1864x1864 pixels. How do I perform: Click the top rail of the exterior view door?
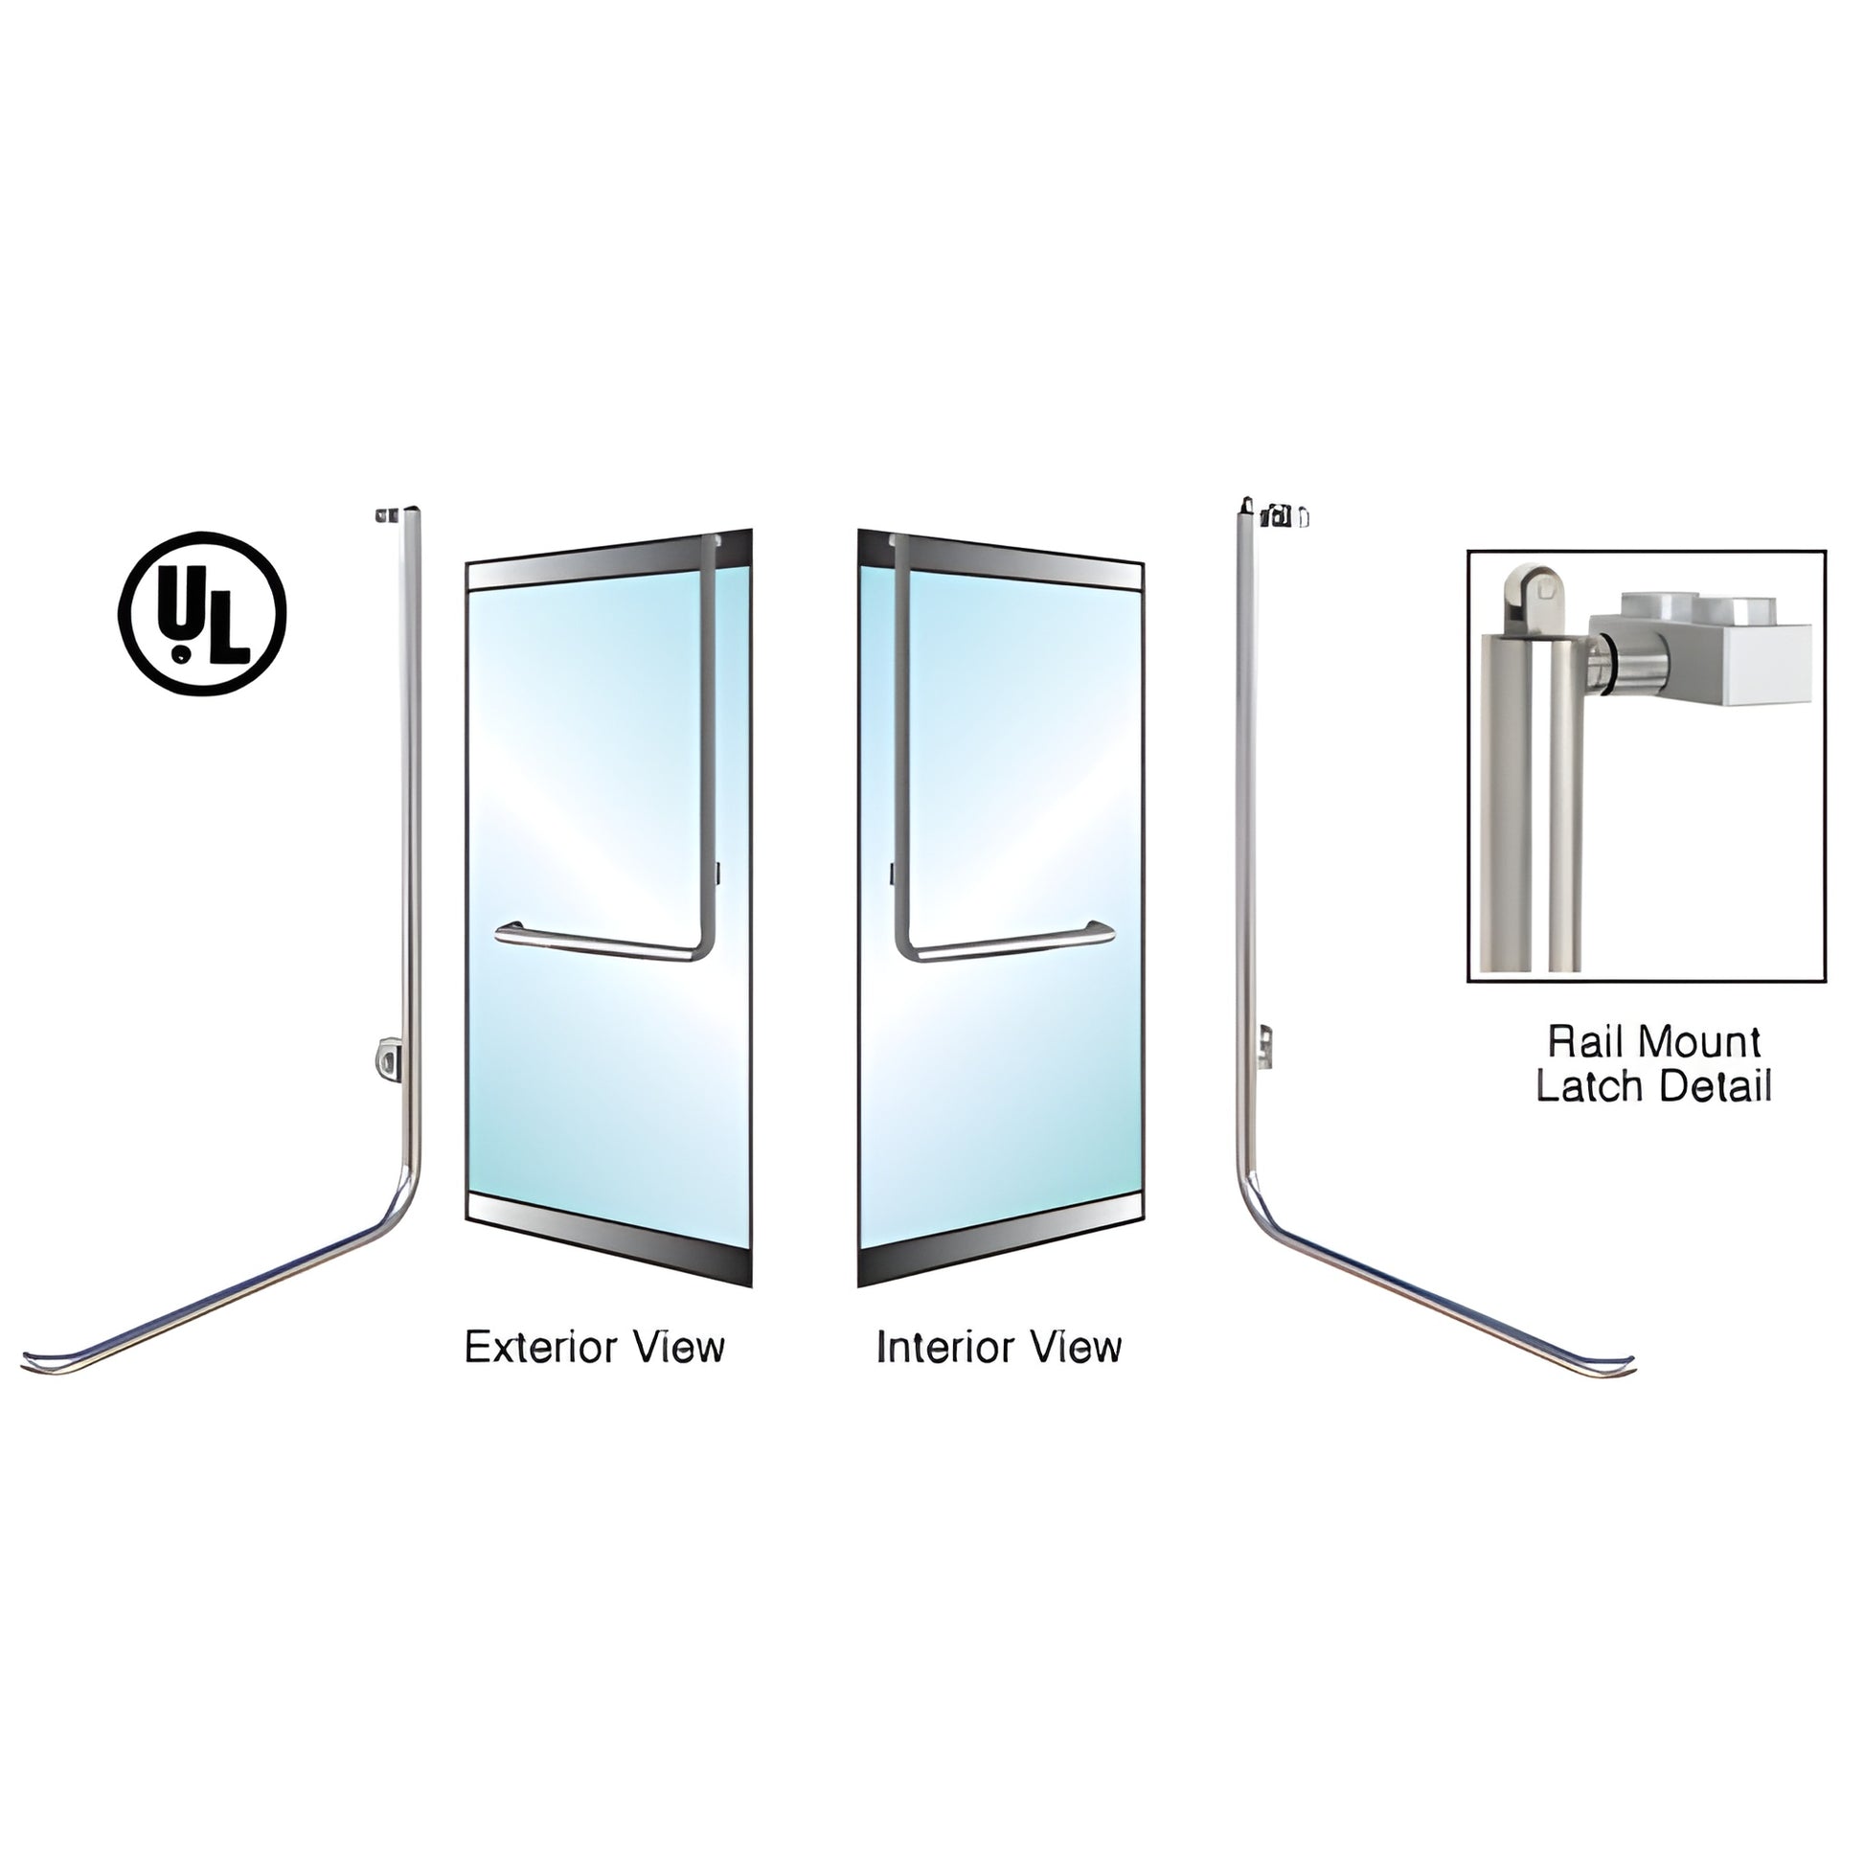click(x=608, y=565)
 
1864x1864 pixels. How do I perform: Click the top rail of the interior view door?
click(x=1001, y=565)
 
